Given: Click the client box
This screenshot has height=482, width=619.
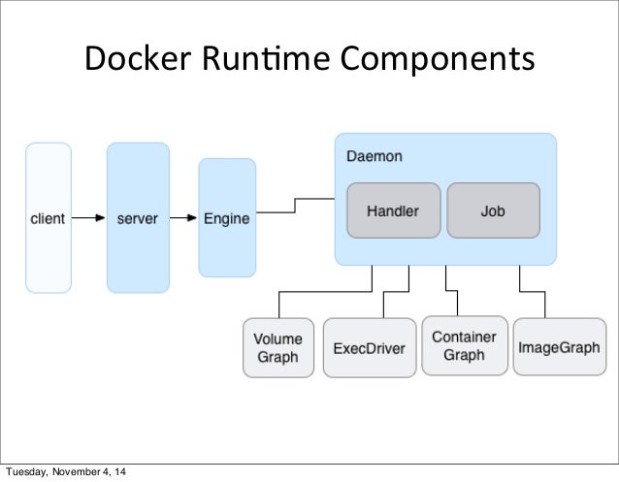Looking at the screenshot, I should click(x=49, y=217).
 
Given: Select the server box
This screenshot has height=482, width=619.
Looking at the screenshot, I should click(x=138, y=217).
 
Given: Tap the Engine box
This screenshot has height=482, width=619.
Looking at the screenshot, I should click(x=226, y=217).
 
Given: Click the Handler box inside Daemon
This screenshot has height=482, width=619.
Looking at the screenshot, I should click(x=393, y=209).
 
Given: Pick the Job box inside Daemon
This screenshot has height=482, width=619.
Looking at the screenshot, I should click(x=492, y=209).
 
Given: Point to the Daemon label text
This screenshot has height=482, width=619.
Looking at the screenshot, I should click(x=374, y=155).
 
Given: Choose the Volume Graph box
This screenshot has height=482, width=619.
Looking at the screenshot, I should click(x=278, y=347).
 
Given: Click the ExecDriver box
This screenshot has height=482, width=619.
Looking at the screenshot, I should click(x=369, y=347).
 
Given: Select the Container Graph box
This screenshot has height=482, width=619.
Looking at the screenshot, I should click(x=464, y=346).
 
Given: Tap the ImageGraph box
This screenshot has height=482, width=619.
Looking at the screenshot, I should click(x=559, y=347).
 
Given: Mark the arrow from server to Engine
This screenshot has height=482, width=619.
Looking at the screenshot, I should click(x=183, y=218).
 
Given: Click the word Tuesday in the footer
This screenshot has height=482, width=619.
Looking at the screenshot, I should click(x=28, y=473).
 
